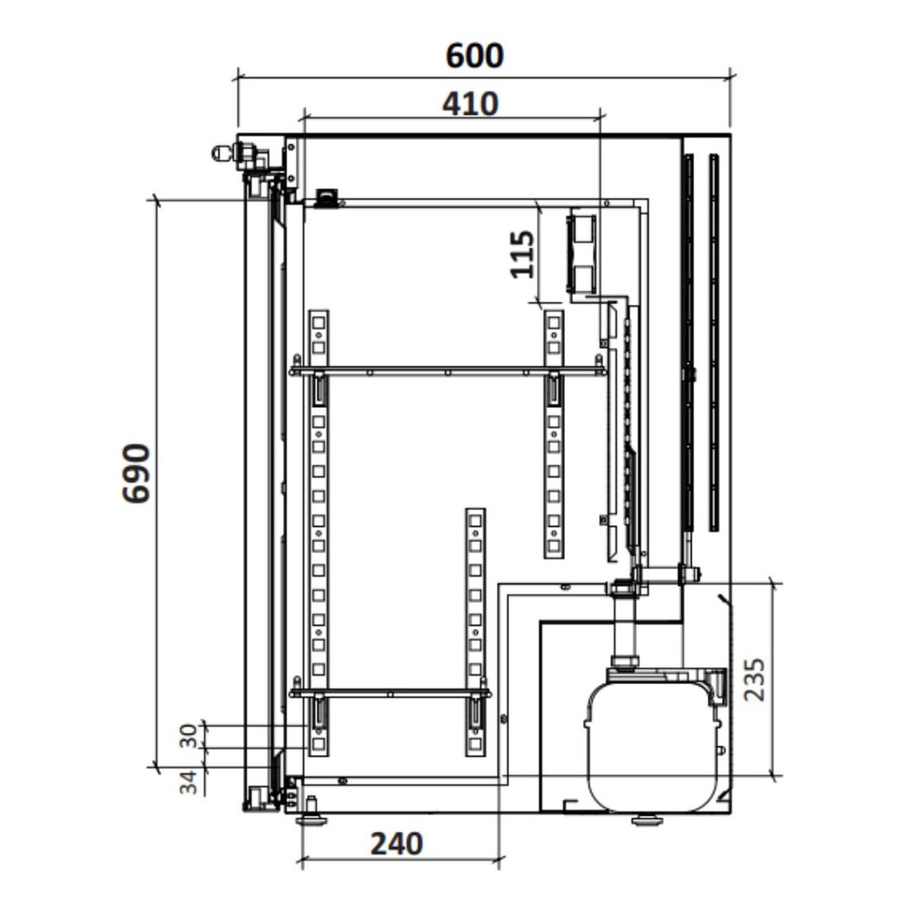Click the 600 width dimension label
coord(475,56)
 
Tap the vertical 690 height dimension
coord(136,473)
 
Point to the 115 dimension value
coord(522,254)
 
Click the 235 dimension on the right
coord(755,680)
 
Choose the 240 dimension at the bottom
coord(396,844)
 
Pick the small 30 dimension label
coord(188,736)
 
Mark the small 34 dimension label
coord(188,782)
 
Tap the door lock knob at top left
coord(222,153)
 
